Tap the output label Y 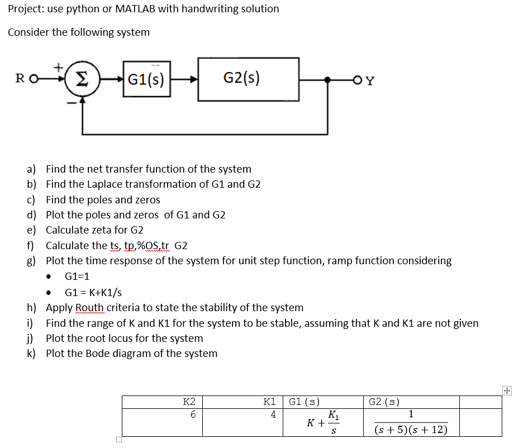coord(370,80)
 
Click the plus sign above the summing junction coord(57,66)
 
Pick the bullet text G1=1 coord(77,277)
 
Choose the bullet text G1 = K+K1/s coord(93,292)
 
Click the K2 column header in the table coord(189,402)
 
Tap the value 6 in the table coord(193,414)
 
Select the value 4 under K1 coord(273,414)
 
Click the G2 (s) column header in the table coord(385,402)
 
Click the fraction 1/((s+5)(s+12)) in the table coord(411,422)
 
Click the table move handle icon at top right coord(507,391)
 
